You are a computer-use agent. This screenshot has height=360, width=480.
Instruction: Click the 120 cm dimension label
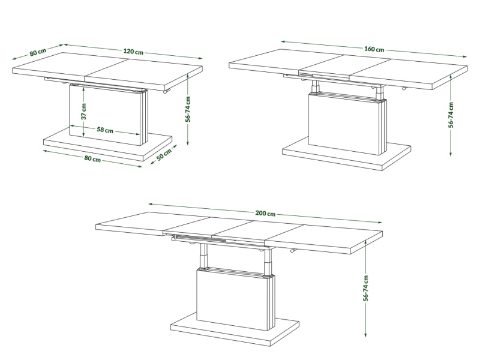tap(133, 51)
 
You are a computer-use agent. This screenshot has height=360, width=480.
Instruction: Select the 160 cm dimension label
tap(374, 49)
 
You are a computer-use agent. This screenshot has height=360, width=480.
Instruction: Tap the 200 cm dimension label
tap(265, 214)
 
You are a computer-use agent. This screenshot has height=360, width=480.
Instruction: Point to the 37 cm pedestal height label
tap(84, 111)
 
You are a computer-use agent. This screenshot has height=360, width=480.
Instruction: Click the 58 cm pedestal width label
tap(105, 130)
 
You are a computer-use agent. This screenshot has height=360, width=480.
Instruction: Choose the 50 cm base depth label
tap(164, 155)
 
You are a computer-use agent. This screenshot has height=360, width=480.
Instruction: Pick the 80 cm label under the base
tap(92, 158)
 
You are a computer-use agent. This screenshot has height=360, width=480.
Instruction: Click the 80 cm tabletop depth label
tap(38, 52)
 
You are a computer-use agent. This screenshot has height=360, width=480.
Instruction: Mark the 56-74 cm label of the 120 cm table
tap(188, 109)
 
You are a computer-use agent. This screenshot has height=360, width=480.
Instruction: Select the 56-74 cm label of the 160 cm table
tap(451, 115)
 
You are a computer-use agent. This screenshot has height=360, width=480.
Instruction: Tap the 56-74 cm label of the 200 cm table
tap(366, 288)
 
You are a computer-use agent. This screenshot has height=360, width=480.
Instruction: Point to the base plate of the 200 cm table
tap(235, 328)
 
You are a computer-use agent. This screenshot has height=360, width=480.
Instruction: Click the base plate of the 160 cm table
tap(347, 153)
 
